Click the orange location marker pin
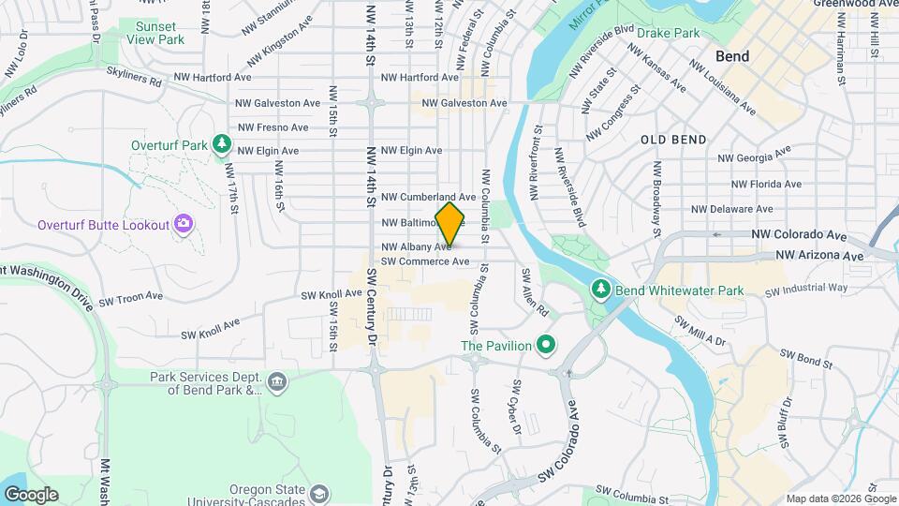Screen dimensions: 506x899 449,225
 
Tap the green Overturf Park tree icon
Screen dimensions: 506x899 221,144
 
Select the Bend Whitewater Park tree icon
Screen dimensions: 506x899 601,290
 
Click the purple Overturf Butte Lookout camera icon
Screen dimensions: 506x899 184,224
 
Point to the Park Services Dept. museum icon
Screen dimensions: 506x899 276,382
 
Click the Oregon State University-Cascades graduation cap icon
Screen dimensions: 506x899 319,493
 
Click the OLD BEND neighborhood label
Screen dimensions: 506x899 673,140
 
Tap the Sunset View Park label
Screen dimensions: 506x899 155,35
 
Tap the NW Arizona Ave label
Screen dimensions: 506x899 819,255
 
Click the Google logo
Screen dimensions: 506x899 31,494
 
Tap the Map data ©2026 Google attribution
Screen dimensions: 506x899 839,499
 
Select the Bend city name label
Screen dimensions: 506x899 731,56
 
